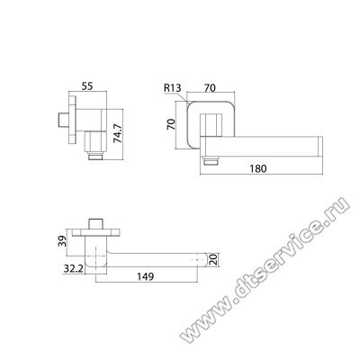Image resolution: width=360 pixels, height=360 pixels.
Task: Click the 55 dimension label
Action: (87, 86)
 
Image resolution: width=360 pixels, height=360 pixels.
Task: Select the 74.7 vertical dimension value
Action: (117, 133)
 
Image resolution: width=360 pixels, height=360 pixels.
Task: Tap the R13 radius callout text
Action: (173, 88)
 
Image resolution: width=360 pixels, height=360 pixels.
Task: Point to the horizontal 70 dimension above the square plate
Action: (210, 88)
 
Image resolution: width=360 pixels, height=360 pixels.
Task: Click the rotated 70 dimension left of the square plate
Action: (171, 124)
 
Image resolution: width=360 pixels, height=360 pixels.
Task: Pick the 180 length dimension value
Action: (258, 168)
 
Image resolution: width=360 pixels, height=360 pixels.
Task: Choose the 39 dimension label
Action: (62, 241)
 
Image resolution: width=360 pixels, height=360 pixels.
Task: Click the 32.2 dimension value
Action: (73, 269)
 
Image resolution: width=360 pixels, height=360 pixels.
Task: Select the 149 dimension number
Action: (146, 276)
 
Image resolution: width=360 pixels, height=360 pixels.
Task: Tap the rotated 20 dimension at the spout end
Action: (213, 260)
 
